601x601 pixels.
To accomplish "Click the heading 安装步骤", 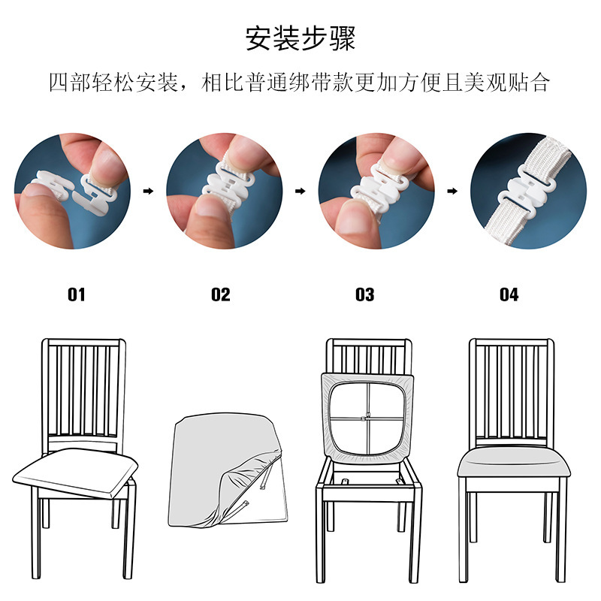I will point(300,38).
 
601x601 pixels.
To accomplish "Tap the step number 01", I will point(77,294).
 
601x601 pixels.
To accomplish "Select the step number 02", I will point(221,294).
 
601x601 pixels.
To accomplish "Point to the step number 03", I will point(364,294).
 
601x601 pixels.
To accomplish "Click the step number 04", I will point(509,294).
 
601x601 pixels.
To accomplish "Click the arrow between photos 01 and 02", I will point(148,192).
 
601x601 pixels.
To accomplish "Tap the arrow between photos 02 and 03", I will point(300,192).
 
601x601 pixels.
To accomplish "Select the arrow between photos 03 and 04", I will point(452,192).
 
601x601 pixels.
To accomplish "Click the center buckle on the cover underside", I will point(367,417).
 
